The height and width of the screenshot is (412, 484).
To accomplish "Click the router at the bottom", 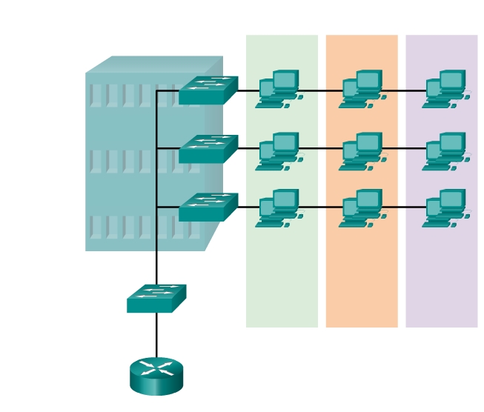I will click(x=156, y=376).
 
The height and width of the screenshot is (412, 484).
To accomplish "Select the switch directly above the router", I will click(x=156, y=299).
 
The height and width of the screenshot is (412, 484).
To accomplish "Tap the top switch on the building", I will click(x=208, y=90).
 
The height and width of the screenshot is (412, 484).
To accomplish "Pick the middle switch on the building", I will click(x=208, y=149).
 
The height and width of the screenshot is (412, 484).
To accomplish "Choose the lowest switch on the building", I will click(x=208, y=207).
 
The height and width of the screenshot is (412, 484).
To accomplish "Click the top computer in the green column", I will click(x=279, y=90).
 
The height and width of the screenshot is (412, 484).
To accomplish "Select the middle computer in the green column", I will click(x=279, y=152).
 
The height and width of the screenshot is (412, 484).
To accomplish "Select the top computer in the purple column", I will click(x=445, y=90).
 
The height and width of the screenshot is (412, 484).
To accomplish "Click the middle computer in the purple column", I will click(x=445, y=152).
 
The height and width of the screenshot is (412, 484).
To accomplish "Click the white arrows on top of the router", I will click(x=156, y=368).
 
